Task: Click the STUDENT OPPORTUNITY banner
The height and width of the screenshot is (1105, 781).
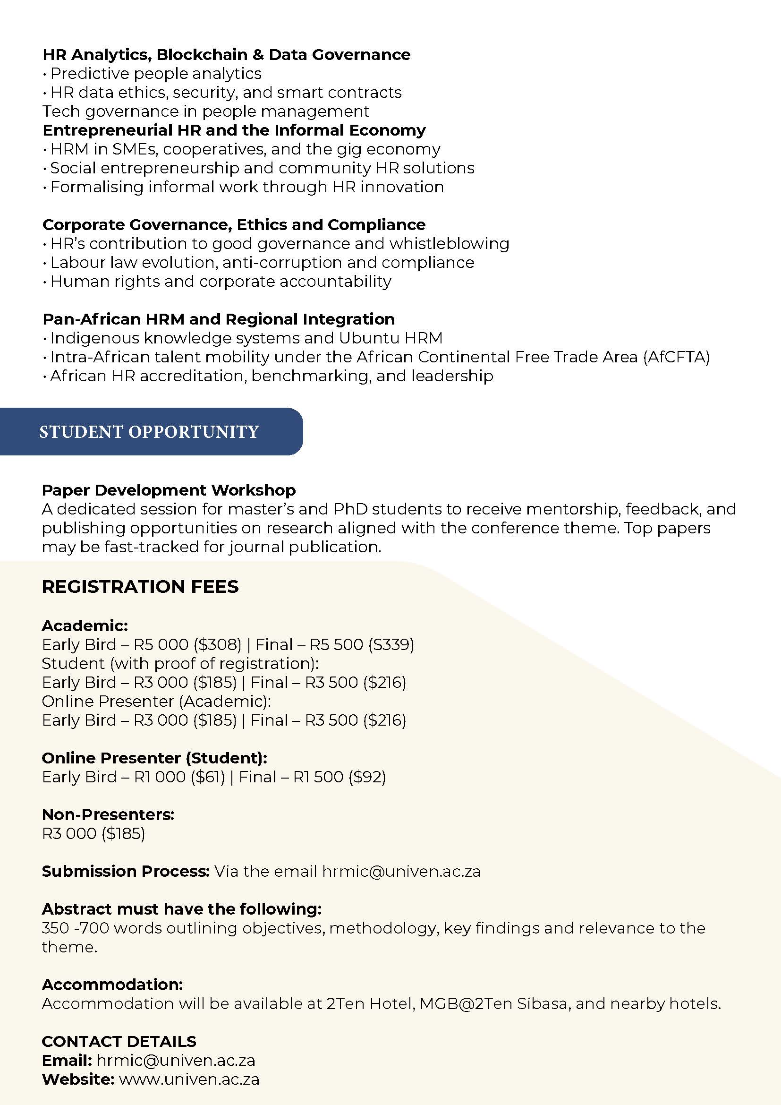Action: pos(149,432)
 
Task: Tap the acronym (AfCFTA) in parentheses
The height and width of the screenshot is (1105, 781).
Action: pos(676,357)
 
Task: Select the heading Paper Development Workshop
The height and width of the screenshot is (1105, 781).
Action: pos(169,490)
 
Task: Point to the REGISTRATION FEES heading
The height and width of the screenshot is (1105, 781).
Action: pos(140,587)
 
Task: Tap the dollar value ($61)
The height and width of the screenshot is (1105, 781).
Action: pos(208,777)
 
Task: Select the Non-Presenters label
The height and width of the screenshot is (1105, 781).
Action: pos(108,814)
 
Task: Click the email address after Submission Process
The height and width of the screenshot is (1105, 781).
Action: pos(401,871)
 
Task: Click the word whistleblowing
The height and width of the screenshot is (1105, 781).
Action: pos(449,244)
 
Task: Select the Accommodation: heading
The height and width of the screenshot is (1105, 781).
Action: pos(112,985)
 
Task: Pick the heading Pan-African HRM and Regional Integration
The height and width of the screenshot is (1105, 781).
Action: pos(219,319)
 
